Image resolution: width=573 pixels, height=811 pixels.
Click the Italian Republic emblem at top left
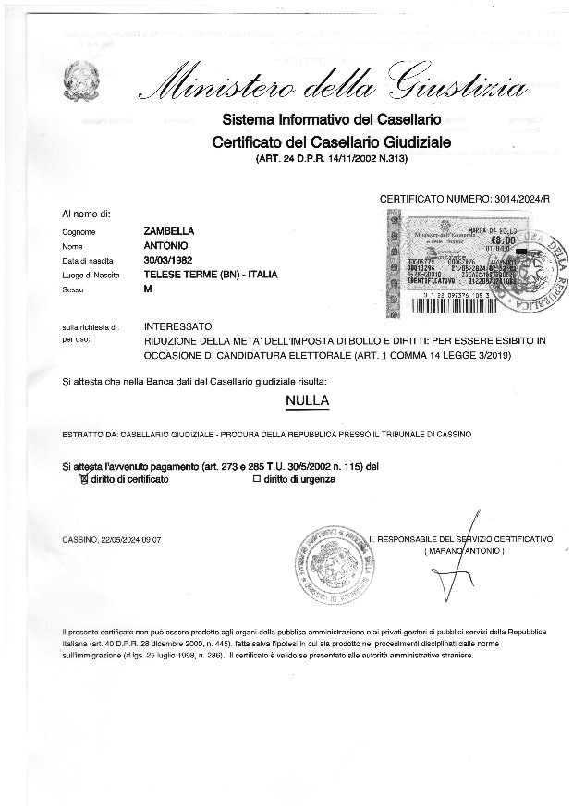[x=79, y=82]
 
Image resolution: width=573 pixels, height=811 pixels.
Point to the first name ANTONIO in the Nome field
[x=166, y=246]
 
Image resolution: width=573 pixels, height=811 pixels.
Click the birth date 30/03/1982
[x=169, y=260]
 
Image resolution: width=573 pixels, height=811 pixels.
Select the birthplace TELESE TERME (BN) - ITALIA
[x=211, y=275]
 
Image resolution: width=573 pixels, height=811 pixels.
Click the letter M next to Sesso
[x=148, y=289]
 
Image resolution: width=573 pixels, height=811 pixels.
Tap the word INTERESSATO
[x=178, y=326]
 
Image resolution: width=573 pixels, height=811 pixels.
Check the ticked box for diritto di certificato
[x=84, y=479]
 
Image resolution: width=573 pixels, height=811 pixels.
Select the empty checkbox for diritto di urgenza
[x=257, y=479]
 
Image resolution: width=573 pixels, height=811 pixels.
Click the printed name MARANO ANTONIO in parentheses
[x=464, y=550]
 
